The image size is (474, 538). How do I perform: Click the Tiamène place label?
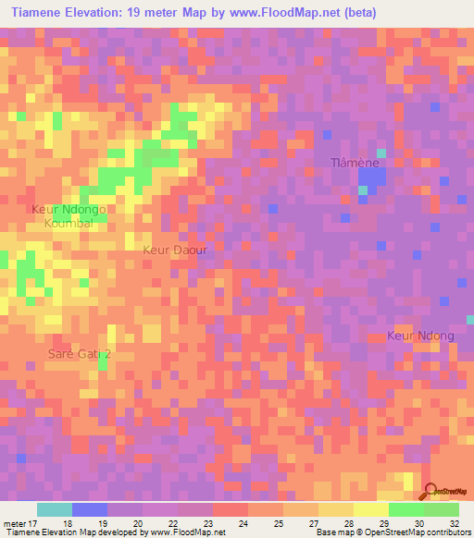pos(356,163)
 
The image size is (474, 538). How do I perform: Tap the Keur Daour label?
pos(174,250)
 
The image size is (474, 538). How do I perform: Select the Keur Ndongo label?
pos(69,210)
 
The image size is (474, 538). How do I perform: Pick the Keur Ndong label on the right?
pos(421,336)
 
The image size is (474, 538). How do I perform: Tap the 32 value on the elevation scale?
pos(454,522)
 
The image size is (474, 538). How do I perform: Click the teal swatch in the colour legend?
pos(55,509)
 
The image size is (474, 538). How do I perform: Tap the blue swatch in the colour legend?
pos(90,509)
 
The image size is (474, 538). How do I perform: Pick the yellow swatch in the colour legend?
pos(369,509)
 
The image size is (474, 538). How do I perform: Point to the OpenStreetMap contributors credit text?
pos(418,533)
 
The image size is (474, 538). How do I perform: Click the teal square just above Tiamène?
pos(380,153)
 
